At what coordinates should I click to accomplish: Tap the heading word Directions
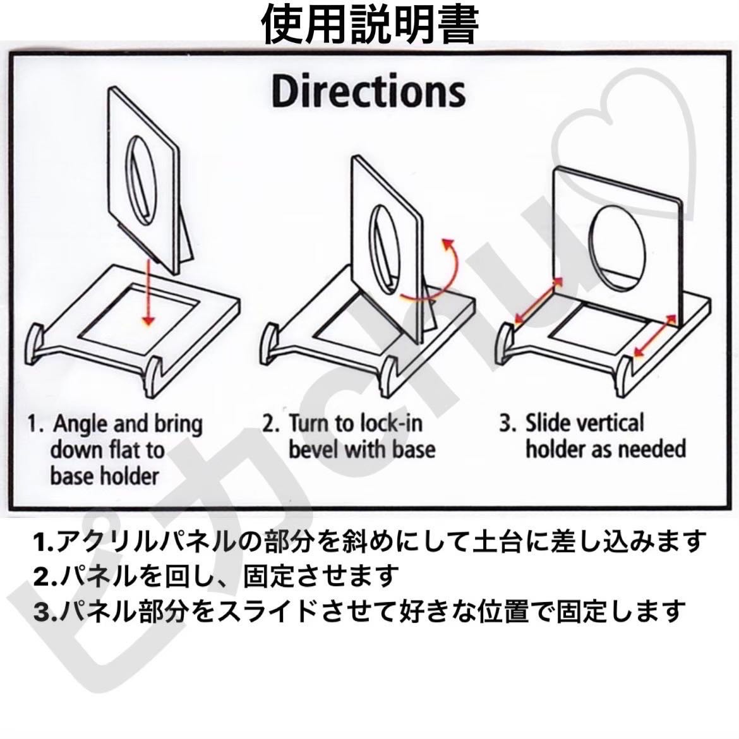click(x=369, y=92)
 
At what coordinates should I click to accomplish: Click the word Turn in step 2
click(x=309, y=423)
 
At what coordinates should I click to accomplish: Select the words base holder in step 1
click(x=104, y=476)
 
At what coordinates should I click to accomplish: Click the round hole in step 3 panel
click(x=618, y=248)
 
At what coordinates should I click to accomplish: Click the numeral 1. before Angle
click(x=36, y=423)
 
